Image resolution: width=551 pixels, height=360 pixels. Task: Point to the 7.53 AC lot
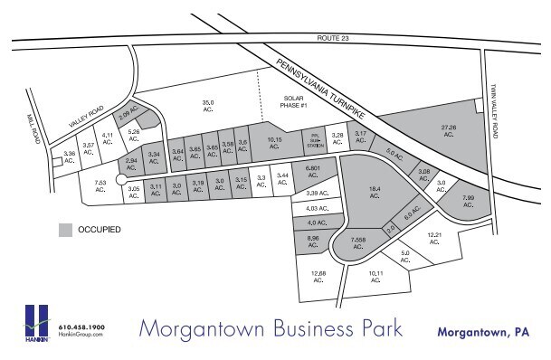coord(101,186)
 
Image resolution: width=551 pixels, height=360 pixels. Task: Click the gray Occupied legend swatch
coord(66,230)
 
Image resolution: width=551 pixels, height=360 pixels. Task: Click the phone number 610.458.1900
coord(81,327)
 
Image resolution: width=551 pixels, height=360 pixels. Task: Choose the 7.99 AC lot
coord(468,201)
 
